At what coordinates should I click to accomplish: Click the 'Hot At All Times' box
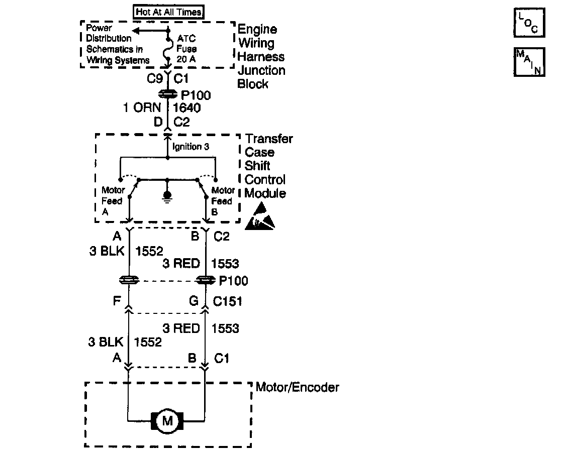pos(168,12)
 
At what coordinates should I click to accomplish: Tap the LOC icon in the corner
pos(529,23)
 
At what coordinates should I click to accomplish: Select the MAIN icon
pos(529,62)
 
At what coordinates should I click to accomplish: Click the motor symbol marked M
pos(167,421)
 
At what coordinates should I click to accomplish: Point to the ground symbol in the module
pos(167,195)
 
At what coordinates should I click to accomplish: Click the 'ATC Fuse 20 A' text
pos(186,49)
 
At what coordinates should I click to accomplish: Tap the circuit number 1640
pos(187,107)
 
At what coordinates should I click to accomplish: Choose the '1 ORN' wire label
pos(142,107)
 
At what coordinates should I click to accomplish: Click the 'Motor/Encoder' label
pos(297,387)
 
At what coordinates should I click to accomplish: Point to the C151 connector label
pos(227,301)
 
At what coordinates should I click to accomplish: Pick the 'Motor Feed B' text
pos(223,201)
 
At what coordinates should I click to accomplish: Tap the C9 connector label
pos(154,79)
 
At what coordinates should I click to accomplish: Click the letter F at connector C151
pos(117,301)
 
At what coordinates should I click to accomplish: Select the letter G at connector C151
pos(194,301)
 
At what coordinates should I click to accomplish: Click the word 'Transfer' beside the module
pos(268,139)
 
